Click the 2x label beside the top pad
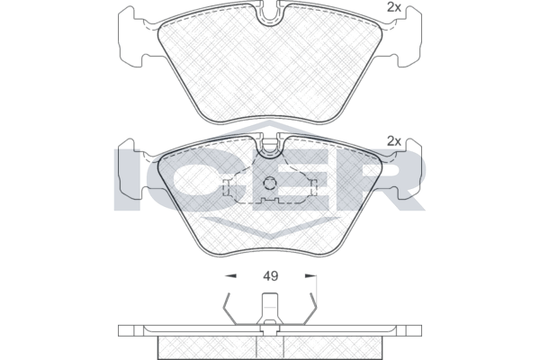pos(393,7)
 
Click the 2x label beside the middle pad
pos(393,140)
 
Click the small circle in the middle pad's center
pos(270,186)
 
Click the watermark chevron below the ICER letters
pos(269,229)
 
